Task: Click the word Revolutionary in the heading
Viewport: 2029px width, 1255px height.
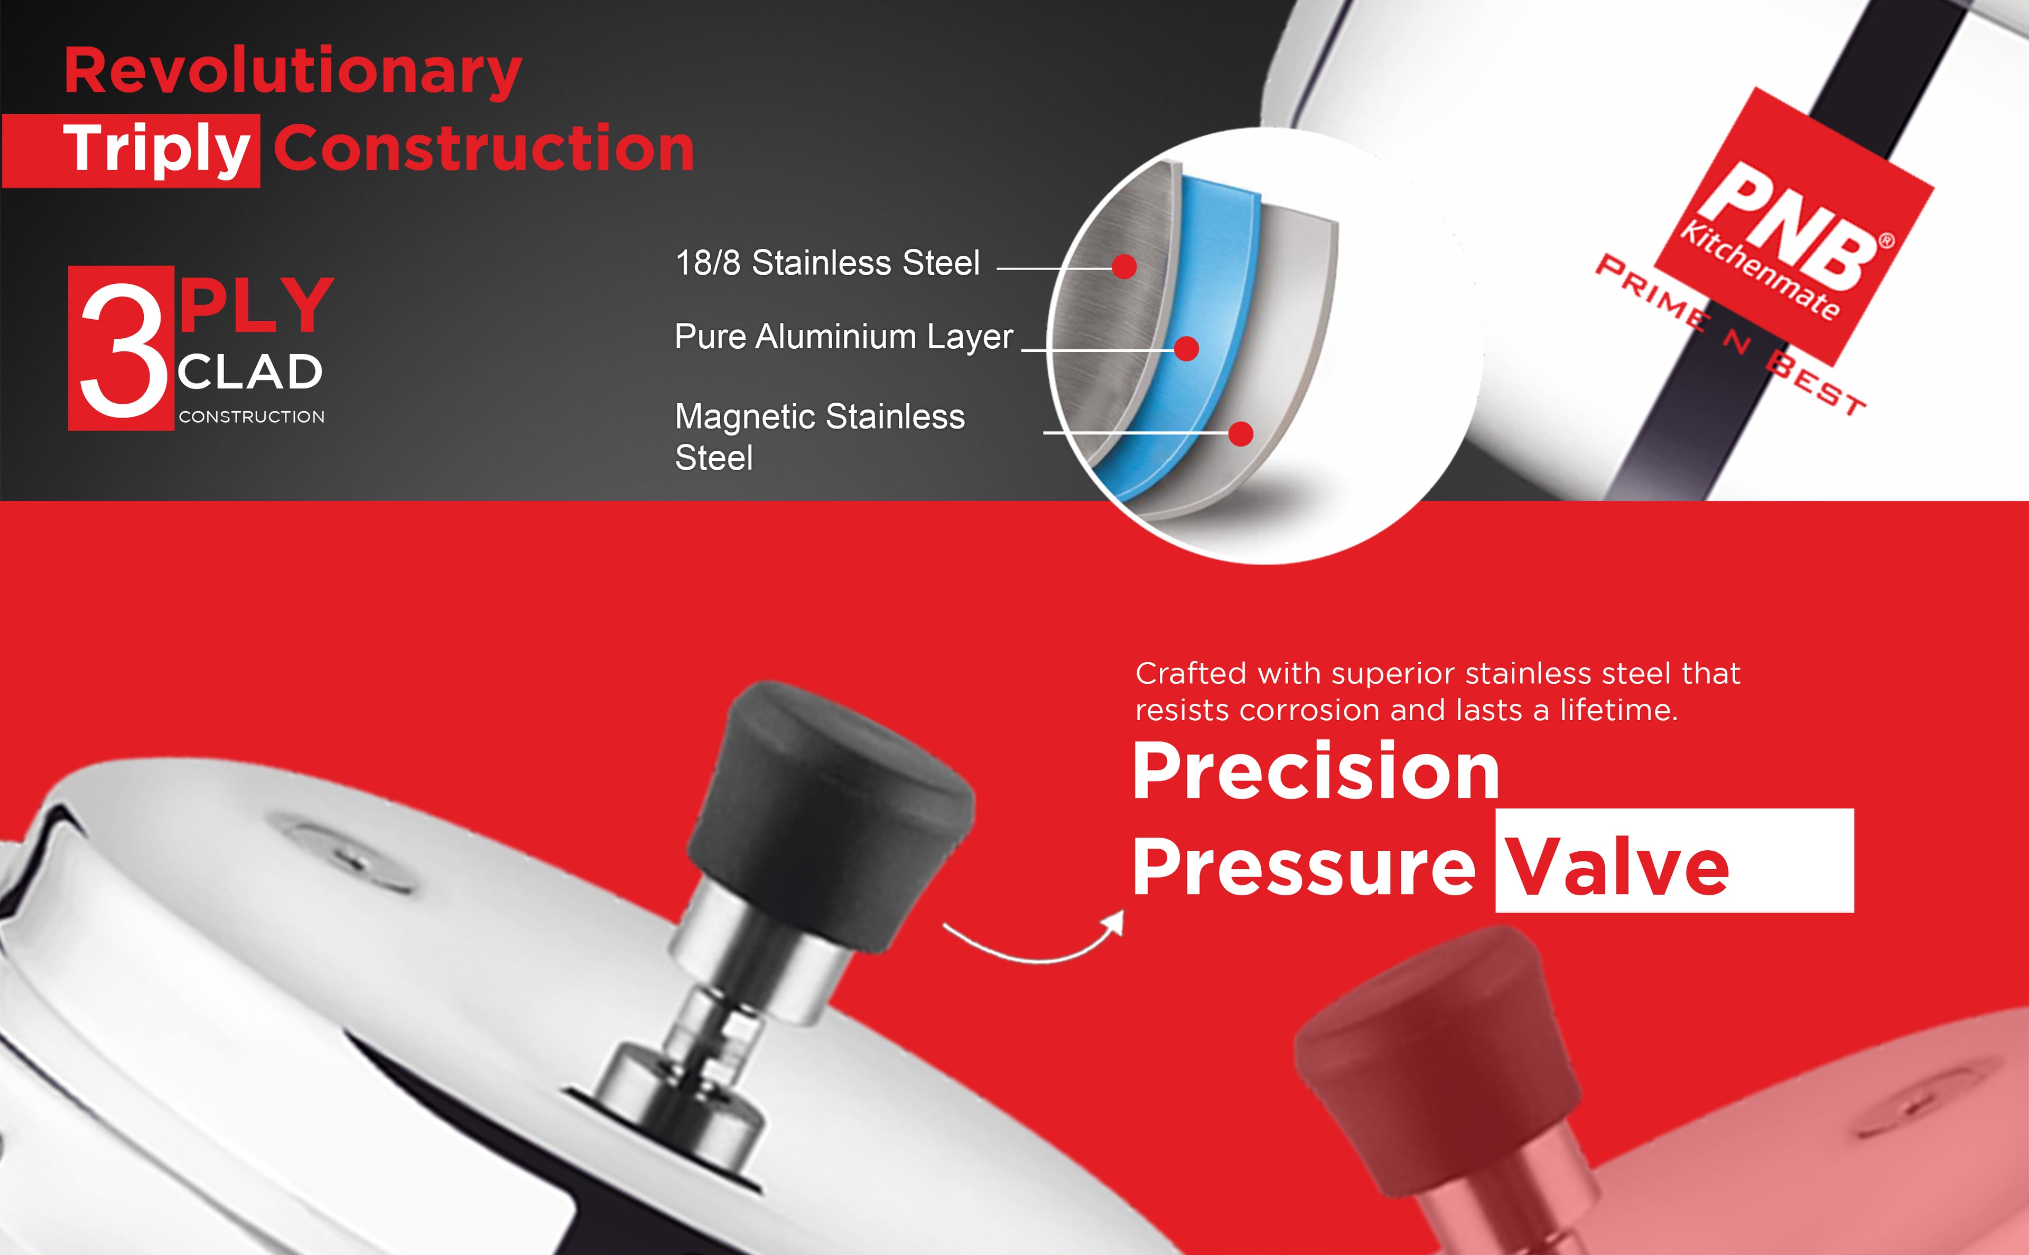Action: (293, 73)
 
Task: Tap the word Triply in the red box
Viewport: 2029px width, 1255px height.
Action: (157, 150)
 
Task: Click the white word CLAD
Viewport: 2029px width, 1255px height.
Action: (250, 373)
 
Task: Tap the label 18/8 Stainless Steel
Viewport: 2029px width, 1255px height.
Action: (827, 263)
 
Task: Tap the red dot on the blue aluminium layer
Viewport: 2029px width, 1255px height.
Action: (1187, 349)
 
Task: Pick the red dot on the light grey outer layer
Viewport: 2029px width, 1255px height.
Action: (1241, 433)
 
